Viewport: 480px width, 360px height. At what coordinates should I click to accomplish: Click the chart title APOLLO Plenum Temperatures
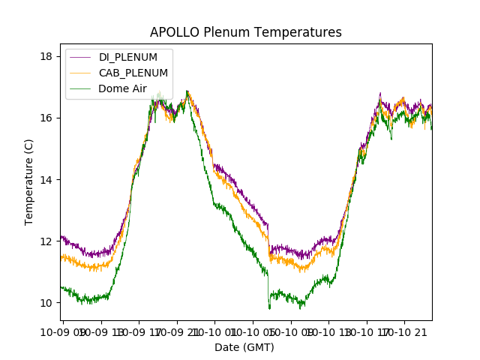click(245, 32)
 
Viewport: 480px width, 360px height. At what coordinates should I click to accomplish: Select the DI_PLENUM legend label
click(128, 57)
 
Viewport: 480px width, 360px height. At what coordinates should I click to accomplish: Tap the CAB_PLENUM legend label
click(133, 73)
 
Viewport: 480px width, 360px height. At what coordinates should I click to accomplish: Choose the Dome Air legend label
click(122, 88)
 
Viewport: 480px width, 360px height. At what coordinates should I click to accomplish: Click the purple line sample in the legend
click(80, 57)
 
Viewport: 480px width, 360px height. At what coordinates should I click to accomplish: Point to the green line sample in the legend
click(80, 88)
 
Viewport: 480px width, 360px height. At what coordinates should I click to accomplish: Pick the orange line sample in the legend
click(80, 73)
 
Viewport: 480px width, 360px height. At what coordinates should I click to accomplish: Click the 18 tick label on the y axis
click(46, 56)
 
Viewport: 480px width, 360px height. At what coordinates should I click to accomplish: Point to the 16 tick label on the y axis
click(46, 118)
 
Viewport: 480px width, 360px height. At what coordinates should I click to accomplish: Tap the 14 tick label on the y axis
click(46, 179)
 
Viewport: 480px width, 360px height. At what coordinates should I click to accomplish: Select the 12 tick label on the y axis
click(46, 241)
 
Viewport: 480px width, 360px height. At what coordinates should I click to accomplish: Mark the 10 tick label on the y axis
click(46, 302)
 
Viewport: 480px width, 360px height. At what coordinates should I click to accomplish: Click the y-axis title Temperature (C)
click(29, 181)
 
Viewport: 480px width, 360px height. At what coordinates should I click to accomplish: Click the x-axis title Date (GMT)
click(244, 347)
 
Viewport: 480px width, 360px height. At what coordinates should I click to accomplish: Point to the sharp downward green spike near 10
click(269, 307)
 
